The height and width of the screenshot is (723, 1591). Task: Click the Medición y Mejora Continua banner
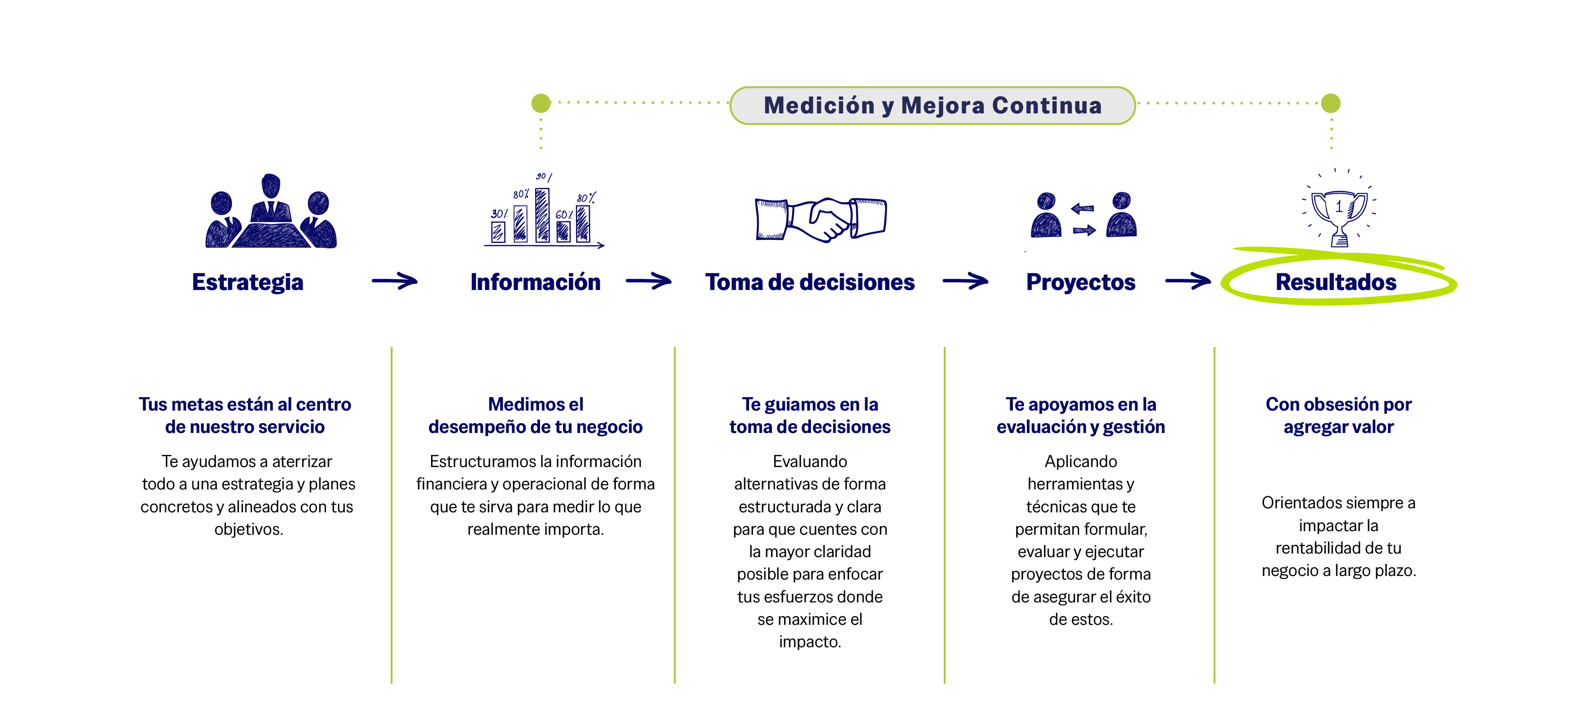[932, 106]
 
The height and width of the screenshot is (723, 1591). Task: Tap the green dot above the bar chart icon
[541, 103]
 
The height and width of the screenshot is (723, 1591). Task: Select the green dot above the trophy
[1330, 103]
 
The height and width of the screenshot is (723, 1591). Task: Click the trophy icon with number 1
[1338, 213]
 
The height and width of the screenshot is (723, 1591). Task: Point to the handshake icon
[821, 219]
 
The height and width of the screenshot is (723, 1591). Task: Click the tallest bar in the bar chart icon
[542, 214]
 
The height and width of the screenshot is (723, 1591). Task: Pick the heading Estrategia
[248, 282]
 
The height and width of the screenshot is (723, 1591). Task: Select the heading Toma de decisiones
[810, 282]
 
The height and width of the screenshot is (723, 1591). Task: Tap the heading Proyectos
[1080, 282]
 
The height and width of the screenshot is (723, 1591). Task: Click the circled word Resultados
[1336, 282]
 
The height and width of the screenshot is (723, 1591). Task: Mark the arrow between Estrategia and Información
[395, 281]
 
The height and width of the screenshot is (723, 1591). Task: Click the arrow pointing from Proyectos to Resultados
[1188, 281]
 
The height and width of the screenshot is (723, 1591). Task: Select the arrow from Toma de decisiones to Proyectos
[965, 281]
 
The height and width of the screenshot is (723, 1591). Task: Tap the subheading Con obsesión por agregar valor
[1338, 416]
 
